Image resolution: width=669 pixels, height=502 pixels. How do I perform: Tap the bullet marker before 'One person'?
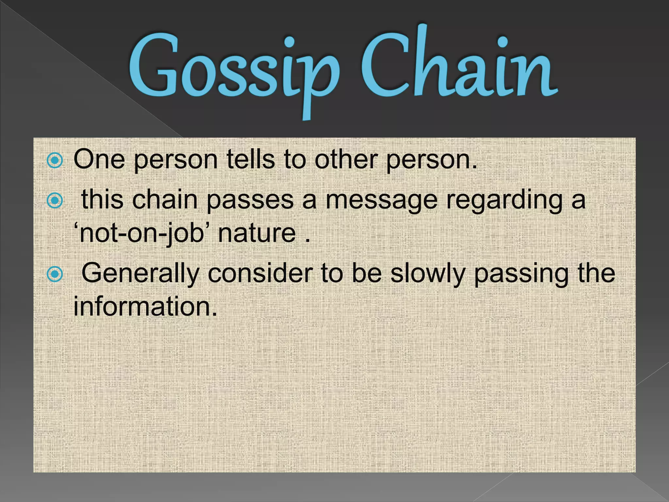55,160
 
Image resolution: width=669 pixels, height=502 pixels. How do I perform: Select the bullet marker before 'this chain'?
55,200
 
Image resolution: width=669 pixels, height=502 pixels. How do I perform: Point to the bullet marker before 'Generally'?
55,274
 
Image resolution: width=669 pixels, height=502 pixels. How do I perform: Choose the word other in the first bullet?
346,159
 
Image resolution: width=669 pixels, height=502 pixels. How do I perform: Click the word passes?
250,200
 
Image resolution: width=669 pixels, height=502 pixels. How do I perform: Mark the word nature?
257,233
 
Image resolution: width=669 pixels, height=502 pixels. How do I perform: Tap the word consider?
260,273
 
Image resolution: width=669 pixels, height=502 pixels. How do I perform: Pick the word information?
145,307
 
